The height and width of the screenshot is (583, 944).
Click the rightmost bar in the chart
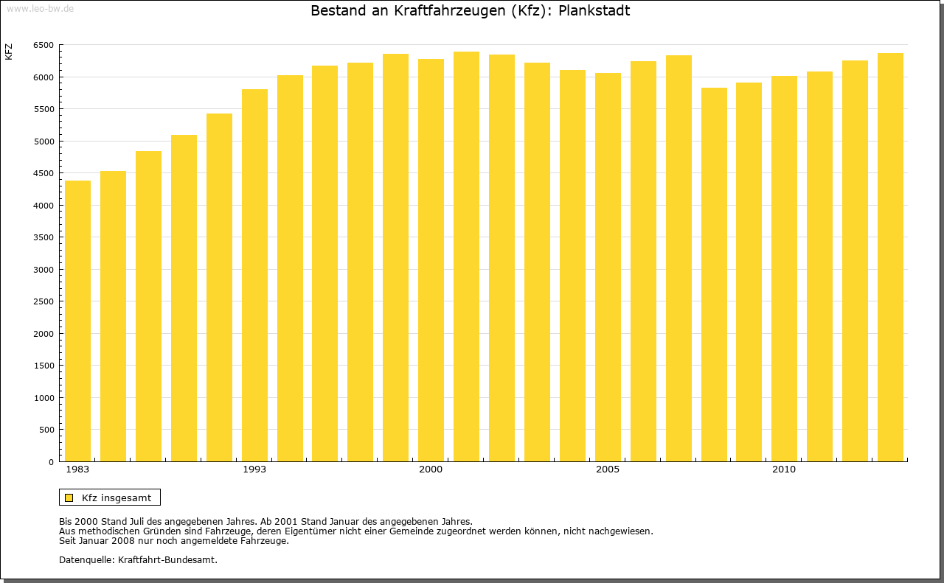890,257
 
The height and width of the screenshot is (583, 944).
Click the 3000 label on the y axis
43,270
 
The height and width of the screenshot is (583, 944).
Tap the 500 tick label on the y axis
46,430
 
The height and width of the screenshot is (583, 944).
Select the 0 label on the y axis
50,462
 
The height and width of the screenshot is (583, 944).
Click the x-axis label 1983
77,469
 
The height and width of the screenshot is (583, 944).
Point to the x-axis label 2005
608,469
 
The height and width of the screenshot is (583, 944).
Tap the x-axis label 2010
784,469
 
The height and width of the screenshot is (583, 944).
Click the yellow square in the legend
69,498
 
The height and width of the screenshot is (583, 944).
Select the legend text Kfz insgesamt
117,498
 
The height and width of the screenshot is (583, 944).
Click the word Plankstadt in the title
594,11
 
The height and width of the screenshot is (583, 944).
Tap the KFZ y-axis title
9,52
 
